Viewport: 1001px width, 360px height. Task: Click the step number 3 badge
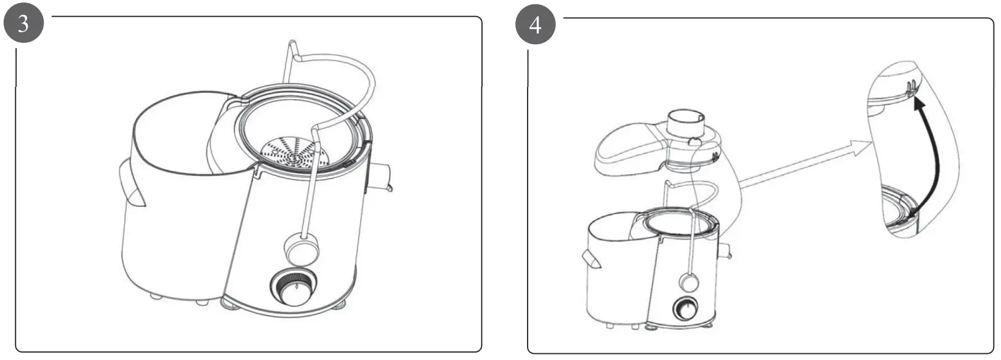point(23,23)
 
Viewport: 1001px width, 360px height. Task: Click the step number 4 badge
point(536,24)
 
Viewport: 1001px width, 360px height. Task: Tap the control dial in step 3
point(294,287)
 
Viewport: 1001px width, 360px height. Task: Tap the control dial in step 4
point(686,308)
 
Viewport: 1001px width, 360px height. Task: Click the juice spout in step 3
point(380,177)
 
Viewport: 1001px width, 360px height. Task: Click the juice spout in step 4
point(725,250)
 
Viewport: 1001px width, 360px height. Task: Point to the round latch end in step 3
point(302,249)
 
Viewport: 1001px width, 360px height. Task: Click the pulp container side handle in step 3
point(131,183)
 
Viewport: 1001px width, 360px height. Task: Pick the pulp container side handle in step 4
point(591,259)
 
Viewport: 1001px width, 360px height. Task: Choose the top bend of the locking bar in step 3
point(292,49)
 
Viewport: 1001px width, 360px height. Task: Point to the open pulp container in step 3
point(179,196)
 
